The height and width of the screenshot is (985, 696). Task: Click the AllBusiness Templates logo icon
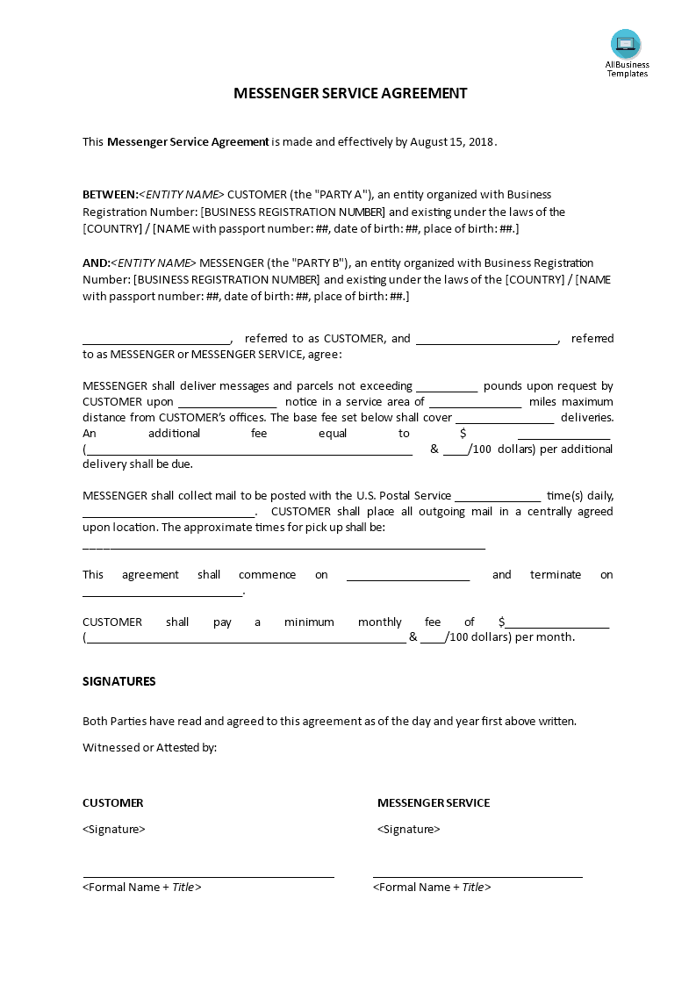pos(626,44)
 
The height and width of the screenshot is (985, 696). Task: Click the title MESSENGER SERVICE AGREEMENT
pos(350,93)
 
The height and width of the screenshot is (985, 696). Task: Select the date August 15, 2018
pos(452,141)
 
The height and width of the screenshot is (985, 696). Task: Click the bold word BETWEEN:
pos(110,194)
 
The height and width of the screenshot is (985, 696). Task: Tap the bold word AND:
pos(97,262)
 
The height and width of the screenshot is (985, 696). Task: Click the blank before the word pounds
pos(447,386)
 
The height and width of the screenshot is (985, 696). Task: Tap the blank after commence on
pos(408,576)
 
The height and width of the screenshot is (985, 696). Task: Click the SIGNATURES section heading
pos(119,680)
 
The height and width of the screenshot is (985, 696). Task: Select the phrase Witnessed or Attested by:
pos(149,747)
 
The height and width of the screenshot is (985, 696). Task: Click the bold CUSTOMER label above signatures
pos(113,802)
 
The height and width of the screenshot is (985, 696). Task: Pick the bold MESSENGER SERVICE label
pos(434,802)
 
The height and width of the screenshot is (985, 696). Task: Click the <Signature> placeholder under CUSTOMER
pos(114,829)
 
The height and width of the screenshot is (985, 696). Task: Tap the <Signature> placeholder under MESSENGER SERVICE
pos(409,829)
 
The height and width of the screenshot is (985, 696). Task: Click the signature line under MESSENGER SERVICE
pos(477,876)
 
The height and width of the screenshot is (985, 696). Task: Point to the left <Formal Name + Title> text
pos(142,887)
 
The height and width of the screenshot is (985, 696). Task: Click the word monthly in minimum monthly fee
pos(380,622)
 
